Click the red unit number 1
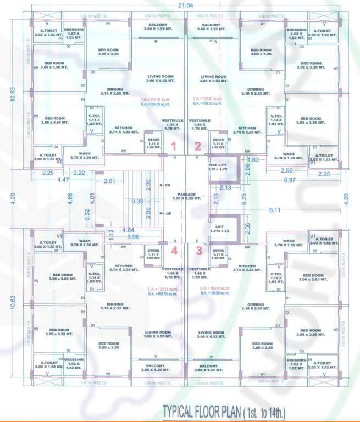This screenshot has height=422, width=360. [x=174, y=146]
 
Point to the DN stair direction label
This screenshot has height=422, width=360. [x=167, y=185]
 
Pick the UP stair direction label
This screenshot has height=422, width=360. [x=167, y=213]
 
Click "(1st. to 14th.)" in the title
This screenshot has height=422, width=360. [x=260, y=412]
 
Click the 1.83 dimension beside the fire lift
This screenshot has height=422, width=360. [x=252, y=159]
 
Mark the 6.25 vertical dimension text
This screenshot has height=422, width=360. [x=243, y=198]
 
